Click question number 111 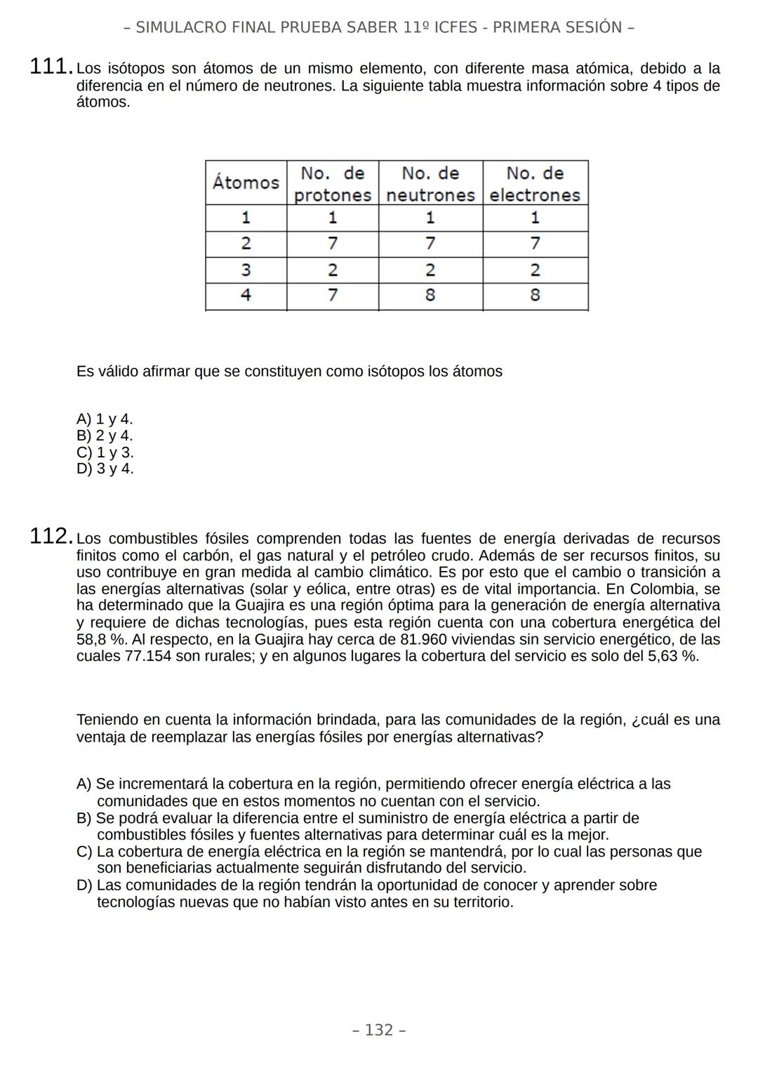coord(50,67)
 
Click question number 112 coord(50,537)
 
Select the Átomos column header coord(246,183)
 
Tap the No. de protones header coord(332,184)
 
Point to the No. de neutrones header coord(430,184)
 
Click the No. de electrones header coord(535,184)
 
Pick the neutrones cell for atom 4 coord(430,295)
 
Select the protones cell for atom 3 coord(332,270)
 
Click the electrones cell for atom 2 coord(535,243)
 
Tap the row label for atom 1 coord(246,217)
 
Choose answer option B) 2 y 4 coord(105,436)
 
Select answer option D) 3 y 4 coord(105,469)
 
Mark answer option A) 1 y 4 coord(105,420)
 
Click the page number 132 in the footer coord(379,1030)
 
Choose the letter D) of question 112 coord(84,885)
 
